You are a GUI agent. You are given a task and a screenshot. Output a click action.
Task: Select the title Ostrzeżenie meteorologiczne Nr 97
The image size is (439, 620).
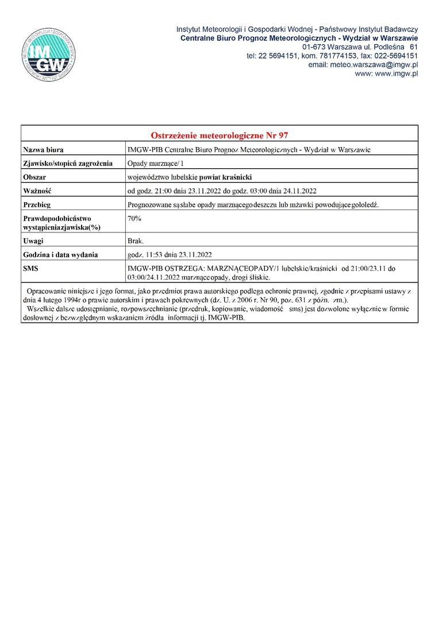[219, 135]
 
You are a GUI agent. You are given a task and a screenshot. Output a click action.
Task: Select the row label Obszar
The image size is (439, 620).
[34, 177]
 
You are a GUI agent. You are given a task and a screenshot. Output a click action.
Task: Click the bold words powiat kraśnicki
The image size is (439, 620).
[225, 177]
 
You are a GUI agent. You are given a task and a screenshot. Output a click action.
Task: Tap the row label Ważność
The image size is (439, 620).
[38, 191]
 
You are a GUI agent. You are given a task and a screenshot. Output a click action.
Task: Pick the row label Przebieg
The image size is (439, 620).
[37, 204]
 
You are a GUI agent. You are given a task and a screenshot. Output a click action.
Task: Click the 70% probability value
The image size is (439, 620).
[134, 219]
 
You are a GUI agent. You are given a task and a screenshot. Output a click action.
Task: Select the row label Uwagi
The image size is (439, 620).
[33, 241]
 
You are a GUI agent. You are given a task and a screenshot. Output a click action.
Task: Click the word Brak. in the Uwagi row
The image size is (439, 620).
[136, 241]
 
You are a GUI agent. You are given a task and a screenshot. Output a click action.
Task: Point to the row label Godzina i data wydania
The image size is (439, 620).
[60, 254]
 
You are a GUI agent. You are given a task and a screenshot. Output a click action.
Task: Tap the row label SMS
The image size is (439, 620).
[30, 268]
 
